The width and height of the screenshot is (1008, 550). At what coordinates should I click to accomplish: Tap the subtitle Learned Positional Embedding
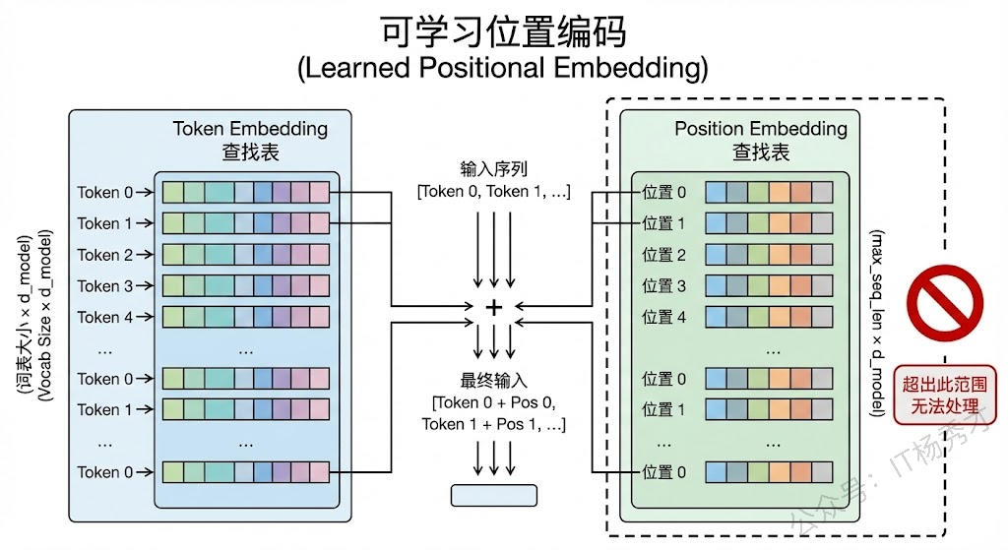[503, 69]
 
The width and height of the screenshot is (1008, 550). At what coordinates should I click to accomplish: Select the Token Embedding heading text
[250, 129]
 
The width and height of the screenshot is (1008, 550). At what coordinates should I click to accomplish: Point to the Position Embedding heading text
[760, 129]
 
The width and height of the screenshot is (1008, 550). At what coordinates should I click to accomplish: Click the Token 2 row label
[98, 255]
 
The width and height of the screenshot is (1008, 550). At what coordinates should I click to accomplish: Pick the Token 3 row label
[98, 286]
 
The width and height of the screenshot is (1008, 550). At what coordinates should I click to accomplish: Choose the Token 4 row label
[98, 317]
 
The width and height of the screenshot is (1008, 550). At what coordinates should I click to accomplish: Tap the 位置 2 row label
[663, 255]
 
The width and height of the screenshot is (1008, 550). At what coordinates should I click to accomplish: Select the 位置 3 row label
[663, 286]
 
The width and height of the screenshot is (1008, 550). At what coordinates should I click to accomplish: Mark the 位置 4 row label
[663, 317]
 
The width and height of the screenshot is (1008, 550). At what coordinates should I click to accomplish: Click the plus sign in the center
[494, 307]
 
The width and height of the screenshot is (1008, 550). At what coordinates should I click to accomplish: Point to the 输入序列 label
[493, 168]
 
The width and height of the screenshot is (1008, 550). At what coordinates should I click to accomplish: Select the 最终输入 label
[493, 381]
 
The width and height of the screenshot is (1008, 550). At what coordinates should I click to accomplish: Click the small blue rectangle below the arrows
[494, 495]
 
